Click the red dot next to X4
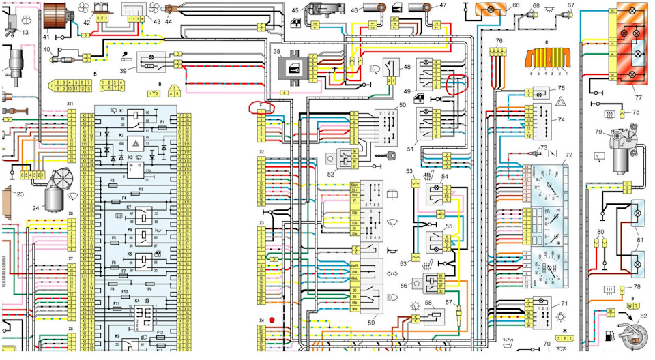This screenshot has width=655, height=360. pyautogui.click(x=272, y=319)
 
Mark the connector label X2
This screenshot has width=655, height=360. pyautogui.click(x=261, y=152)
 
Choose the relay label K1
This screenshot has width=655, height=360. pyautogui.click(x=121, y=110)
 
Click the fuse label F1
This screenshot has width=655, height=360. pyautogui.click(x=162, y=122)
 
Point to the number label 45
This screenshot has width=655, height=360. pyautogui.click(x=295, y=10)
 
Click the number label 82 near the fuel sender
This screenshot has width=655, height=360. pyautogui.click(x=642, y=317)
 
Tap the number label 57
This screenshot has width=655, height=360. pyautogui.click(x=449, y=302)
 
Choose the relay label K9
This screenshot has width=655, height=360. pyautogui.click(x=117, y=336)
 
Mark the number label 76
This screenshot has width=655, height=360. pyautogui.click(x=499, y=41)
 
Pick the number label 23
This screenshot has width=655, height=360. pyautogui.click(x=20, y=194)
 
